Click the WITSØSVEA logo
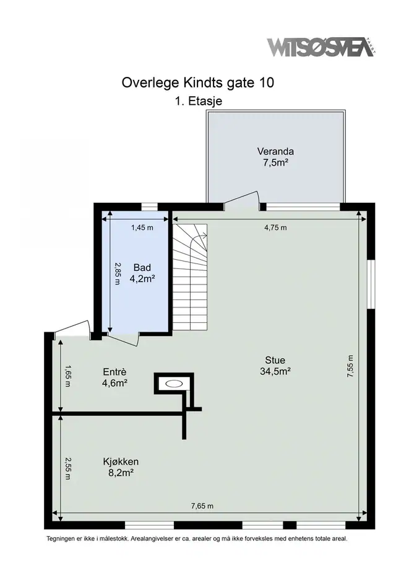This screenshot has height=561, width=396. coord(321,47)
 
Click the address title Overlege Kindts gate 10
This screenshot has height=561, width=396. coord(198,82)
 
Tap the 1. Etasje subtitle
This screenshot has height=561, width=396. coord(199,101)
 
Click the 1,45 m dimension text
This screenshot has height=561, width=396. coord(142,227)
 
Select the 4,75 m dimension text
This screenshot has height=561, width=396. coord(275,227)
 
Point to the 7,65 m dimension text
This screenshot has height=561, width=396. coord(202,506)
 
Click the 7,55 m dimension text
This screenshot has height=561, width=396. coord(350,366)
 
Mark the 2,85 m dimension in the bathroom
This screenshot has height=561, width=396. coord(117,273)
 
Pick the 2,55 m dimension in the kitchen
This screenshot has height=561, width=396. coord(67,468)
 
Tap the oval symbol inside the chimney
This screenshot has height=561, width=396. coord(174,384)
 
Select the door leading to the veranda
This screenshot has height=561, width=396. coord(241,199)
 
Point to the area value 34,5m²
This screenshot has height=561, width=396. coord(275,371)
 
